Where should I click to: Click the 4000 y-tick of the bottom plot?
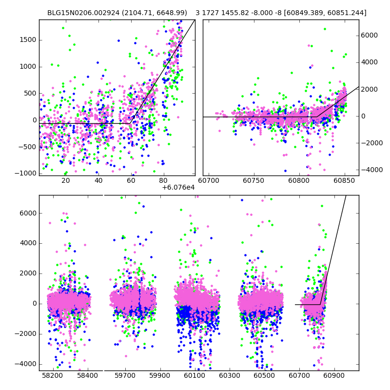[29, 243]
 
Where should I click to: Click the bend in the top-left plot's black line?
[131, 123]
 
